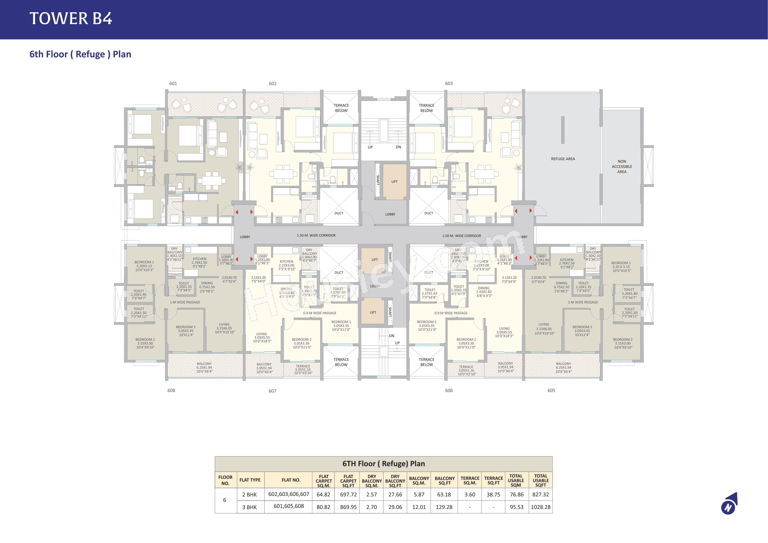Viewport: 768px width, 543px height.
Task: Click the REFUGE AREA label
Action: [x=563, y=159]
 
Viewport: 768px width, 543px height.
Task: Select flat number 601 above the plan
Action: [x=173, y=84]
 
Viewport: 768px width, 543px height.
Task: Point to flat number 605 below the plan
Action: [x=551, y=390]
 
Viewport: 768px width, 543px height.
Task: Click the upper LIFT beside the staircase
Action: [x=394, y=182]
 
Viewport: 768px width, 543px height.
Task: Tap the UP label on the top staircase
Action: [x=370, y=147]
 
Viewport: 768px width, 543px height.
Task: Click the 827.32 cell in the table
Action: [x=540, y=494]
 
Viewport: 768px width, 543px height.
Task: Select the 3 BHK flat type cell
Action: [x=250, y=507]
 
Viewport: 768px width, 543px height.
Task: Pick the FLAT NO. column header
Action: [x=291, y=480]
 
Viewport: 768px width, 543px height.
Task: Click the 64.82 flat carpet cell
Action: [x=323, y=494]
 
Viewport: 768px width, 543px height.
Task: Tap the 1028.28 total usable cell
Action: [x=540, y=507]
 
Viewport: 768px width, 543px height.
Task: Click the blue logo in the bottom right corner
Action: [x=729, y=504]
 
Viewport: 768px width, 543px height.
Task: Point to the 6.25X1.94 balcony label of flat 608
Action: [x=204, y=367]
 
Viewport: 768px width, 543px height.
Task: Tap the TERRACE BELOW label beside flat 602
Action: [x=341, y=108]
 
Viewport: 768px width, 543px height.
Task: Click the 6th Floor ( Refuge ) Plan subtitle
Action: [x=80, y=54]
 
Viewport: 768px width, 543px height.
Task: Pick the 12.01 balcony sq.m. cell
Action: [x=419, y=507]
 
